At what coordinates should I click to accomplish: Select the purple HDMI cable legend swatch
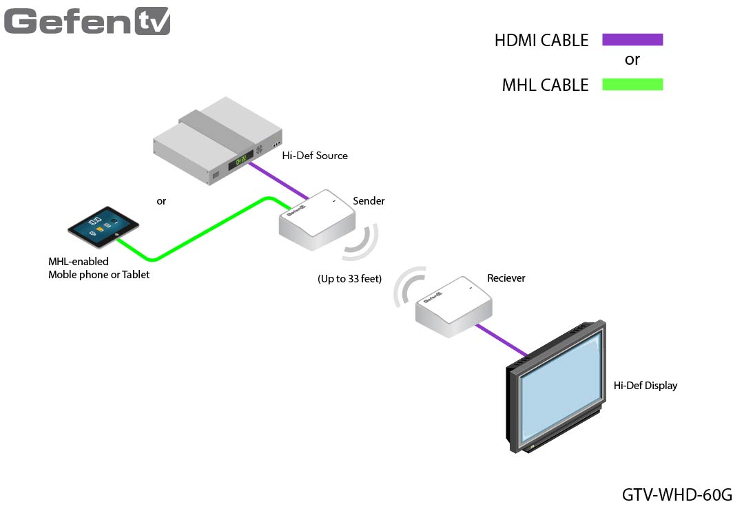pos(632,40)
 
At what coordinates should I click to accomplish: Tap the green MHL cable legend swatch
pos(632,85)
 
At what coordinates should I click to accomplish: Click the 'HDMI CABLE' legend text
pos(541,41)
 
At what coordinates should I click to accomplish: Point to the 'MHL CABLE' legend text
pos(545,85)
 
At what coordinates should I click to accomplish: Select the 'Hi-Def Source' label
pos(314,156)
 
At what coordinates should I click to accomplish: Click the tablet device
pos(103,227)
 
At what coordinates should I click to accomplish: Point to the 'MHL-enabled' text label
pos(78,262)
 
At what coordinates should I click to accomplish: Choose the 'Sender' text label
pos(369,201)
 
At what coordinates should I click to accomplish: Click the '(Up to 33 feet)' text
pos(349,279)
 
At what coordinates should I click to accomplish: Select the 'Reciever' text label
pos(506,278)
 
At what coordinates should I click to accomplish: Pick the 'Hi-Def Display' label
pos(645,386)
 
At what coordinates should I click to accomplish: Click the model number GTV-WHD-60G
pos(676,494)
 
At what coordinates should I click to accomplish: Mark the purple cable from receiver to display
pos(502,340)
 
